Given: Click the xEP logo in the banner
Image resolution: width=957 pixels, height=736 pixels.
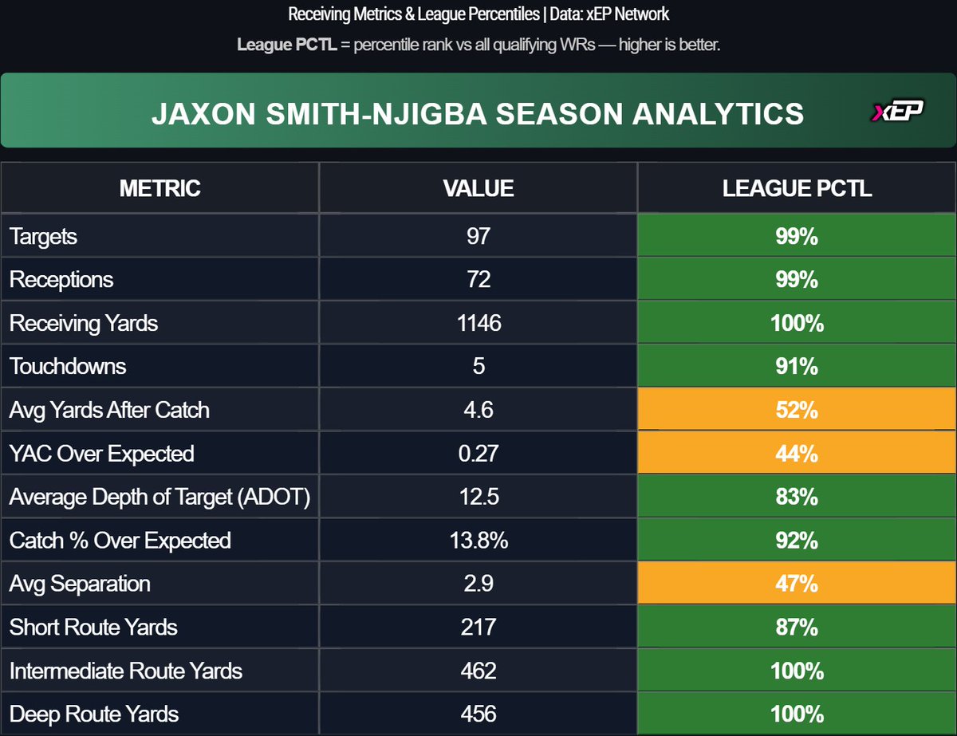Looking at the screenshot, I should click(896, 112).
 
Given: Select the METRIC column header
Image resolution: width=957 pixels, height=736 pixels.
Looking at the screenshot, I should click(159, 188).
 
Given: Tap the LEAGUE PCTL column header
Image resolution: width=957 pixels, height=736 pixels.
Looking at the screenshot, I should click(797, 188).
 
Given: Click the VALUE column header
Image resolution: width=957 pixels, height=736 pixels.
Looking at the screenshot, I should click(478, 188).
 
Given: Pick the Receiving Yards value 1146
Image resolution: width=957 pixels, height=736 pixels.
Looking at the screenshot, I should click(478, 323).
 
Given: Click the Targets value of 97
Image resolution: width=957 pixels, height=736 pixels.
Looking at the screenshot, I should click(478, 236).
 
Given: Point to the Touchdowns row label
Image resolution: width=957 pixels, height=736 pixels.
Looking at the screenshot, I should click(68, 367).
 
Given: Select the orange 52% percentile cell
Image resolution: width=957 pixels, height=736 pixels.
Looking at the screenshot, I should click(797, 410).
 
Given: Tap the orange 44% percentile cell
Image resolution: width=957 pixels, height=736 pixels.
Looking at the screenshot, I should click(797, 454).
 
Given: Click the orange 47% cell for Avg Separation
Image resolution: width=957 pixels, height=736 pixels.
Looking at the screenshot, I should click(797, 584).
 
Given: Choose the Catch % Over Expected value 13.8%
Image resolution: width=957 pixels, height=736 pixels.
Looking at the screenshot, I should click(478, 541).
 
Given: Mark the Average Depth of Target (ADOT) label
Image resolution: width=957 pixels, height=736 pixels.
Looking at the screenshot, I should click(159, 497).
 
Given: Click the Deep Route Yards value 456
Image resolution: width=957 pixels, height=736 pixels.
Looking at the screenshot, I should click(478, 714).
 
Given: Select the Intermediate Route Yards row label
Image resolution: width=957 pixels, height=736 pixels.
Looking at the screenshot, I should click(126, 671).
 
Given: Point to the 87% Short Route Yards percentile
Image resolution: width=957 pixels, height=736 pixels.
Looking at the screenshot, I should click(797, 628).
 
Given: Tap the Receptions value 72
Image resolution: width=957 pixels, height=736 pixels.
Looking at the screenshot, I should click(478, 280).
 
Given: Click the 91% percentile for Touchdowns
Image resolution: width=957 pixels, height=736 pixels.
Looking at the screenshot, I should click(797, 367).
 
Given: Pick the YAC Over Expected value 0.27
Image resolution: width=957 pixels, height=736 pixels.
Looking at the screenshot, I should click(478, 454).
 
